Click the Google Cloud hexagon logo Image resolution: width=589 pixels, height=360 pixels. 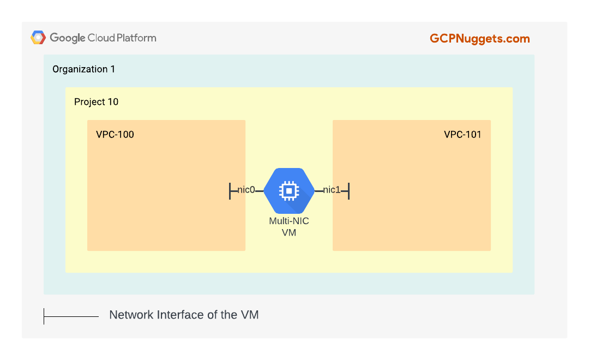point(38,38)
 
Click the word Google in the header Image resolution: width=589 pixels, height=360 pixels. point(68,38)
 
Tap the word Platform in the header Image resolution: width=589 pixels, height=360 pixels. point(136,38)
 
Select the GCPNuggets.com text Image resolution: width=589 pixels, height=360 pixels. point(480,39)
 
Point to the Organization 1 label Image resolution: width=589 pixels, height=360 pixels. point(83,69)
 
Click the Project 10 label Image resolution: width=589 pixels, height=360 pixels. point(96,102)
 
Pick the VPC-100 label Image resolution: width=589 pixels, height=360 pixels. point(115,135)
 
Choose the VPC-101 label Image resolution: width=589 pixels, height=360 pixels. point(462,135)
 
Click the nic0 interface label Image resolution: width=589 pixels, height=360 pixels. point(246,190)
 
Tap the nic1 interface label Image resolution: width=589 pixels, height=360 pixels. point(332,190)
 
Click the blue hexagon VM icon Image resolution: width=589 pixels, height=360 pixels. point(289,191)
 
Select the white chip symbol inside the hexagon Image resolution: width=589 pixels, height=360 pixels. point(289,191)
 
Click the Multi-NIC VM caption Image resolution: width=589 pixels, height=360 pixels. point(289,226)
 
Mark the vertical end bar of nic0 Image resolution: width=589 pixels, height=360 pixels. point(230,191)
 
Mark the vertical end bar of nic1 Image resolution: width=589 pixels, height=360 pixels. point(348,191)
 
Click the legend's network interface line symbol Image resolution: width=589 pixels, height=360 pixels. point(71,316)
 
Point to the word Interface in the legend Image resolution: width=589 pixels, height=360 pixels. point(181,315)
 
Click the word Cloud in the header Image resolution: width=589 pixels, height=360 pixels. point(101,38)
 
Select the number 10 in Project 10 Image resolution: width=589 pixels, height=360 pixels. point(113,102)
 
